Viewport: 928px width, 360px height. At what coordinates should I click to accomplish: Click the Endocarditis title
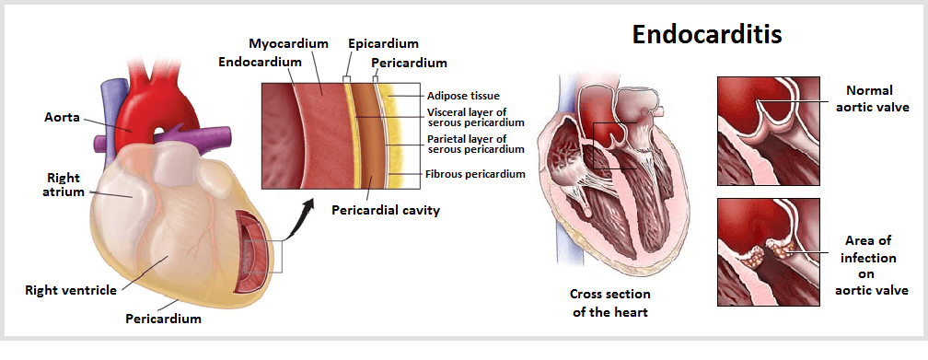click(707, 36)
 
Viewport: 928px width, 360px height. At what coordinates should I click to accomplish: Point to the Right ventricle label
click(71, 290)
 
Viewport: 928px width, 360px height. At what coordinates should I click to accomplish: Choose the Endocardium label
click(261, 62)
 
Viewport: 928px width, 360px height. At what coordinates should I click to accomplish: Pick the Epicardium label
click(383, 43)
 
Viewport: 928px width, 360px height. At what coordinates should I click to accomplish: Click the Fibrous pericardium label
click(476, 173)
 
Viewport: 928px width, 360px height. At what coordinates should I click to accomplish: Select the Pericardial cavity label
click(385, 210)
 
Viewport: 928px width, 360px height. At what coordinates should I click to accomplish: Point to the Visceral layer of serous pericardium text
click(476, 117)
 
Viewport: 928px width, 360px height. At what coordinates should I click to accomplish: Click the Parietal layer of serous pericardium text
click(476, 144)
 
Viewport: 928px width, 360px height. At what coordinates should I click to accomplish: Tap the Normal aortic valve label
click(871, 99)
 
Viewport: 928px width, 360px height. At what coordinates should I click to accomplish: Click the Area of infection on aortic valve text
click(871, 265)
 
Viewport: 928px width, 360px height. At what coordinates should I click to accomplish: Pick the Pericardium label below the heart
click(163, 319)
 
